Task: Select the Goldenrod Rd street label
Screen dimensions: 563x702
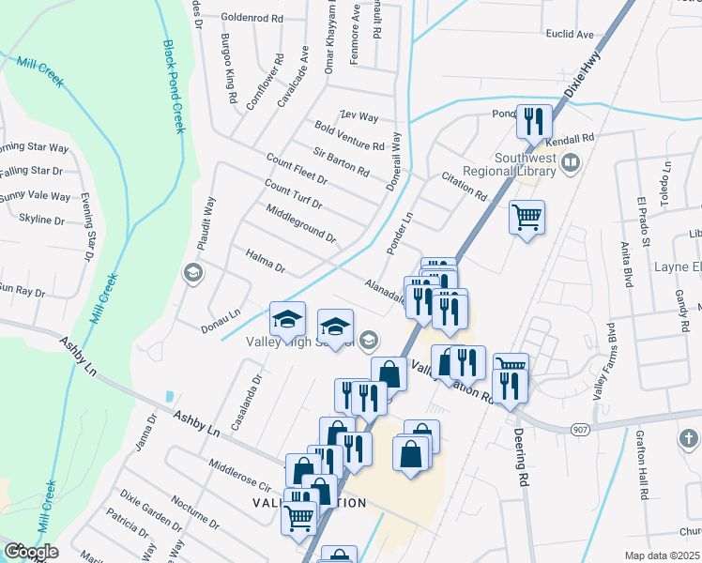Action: pos(252,18)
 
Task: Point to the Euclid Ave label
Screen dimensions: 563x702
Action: pos(571,35)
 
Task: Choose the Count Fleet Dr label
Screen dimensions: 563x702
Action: pos(297,169)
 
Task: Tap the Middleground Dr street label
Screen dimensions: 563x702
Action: pos(300,222)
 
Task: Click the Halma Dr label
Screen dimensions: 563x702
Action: pos(265,260)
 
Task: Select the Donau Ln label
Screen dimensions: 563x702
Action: pos(221,320)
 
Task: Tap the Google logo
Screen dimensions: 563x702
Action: pos(31,552)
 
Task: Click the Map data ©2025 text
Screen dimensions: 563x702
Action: pos(662,555)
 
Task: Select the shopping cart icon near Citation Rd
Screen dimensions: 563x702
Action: pos(527,218)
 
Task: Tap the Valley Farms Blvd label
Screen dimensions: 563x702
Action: pos(602,361)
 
